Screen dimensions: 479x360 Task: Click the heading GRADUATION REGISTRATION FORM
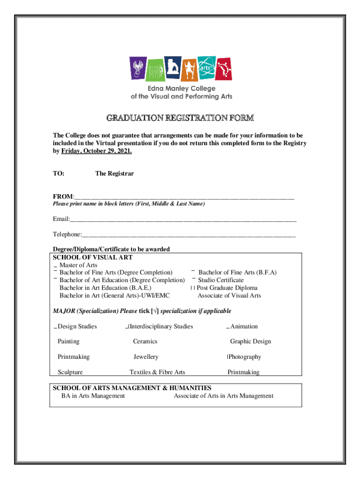[180, 117]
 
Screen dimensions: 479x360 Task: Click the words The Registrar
[115, 174]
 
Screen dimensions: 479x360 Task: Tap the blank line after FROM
[184, 196]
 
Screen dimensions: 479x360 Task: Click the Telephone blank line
[189, 234]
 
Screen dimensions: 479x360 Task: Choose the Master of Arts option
[78, 265]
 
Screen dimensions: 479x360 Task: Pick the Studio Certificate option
[220, 280]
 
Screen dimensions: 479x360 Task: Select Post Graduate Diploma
[227, 288]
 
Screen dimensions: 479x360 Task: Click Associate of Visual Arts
[229, 296]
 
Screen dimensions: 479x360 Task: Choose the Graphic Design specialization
[250, 341]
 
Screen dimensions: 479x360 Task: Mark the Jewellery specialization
[146, 357]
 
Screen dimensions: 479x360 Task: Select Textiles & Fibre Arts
[157, 372]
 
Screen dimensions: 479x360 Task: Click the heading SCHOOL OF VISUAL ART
[93, 257]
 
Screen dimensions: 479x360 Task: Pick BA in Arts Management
[93, 396]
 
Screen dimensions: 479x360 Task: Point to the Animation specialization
[244, 327]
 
